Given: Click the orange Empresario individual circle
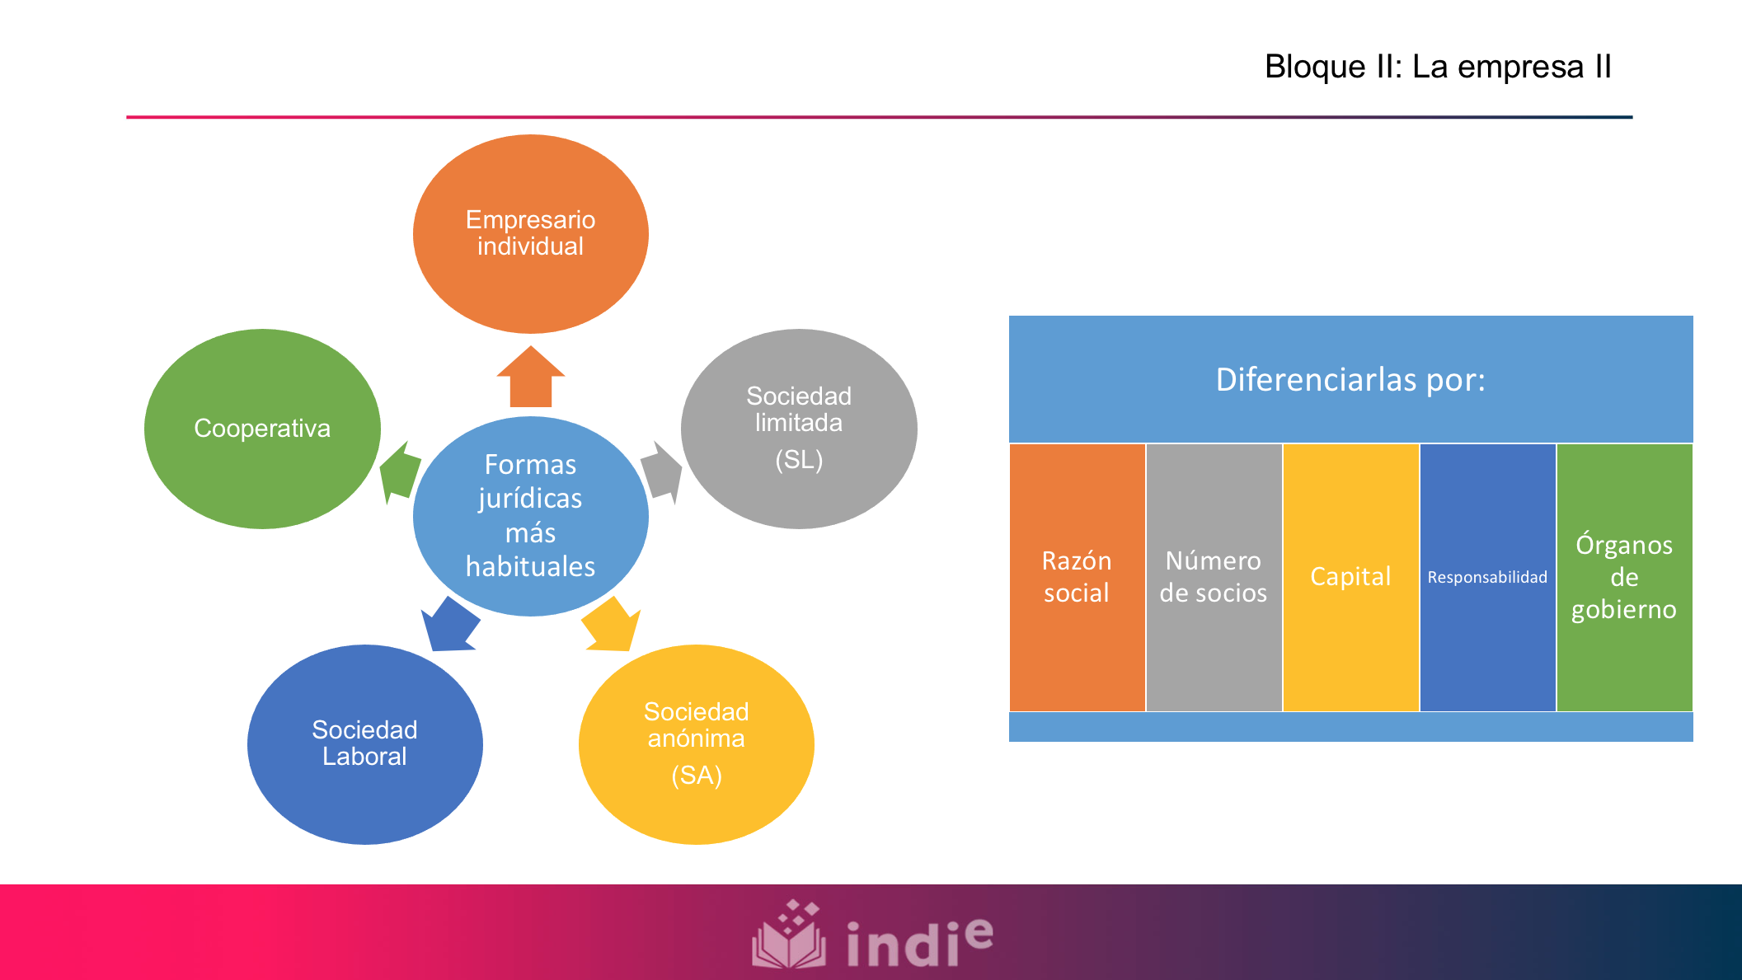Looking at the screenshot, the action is tap(531, 234).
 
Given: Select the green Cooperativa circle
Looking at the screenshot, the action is tap(262, 429).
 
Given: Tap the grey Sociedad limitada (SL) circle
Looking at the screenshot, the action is tap(799, 429).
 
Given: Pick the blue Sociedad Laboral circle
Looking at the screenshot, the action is tap(365, 744).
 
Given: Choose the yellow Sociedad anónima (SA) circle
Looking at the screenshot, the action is tap(697, 744).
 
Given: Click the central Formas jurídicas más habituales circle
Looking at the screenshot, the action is tap(531, 516).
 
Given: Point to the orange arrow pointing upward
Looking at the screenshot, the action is tap(531, 377).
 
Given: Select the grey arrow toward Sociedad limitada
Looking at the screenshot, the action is tap(661, 473).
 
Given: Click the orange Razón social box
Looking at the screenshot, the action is tap(1077, 577).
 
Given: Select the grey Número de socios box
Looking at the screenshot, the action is tap(1214, 577).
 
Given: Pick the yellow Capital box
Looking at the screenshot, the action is tap(1350, 577).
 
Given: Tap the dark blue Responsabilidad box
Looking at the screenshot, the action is tap(1487, 577).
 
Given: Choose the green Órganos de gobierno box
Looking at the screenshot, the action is tap(1624, 577).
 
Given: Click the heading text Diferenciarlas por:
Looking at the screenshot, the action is tap(1350, 380).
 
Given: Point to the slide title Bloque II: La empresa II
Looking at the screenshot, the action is tap(1438, 67).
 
